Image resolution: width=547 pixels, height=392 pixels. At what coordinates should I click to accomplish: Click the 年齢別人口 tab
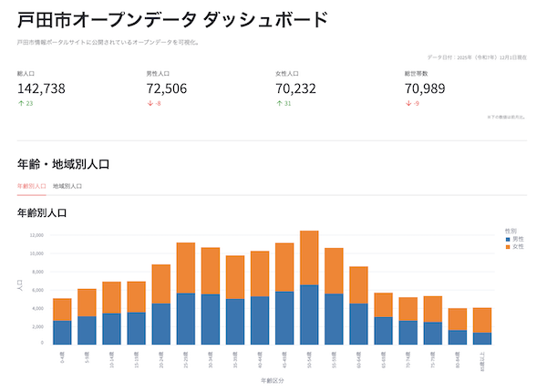tap(32, 185)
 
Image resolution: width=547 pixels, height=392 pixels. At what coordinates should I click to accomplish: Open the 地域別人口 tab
tap(67, 185)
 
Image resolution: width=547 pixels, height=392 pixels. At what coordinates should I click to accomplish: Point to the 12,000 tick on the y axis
tap(36, 234)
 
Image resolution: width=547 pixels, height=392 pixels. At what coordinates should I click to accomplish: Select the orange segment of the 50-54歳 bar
tap(308, 258)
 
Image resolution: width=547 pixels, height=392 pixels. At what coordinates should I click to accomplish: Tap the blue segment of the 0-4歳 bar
tap(62, 332)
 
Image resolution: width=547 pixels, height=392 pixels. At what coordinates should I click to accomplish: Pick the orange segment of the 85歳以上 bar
tap(482, 320)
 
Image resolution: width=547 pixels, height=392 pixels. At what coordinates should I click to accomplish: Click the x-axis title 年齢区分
tap(273, 381)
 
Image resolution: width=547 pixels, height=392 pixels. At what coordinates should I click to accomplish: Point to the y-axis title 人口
tap(20, 285)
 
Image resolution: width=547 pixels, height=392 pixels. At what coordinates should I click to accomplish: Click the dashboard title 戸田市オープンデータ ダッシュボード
tap(172, 19)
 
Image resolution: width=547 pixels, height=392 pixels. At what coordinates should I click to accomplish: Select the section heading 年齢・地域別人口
tap(63, 164)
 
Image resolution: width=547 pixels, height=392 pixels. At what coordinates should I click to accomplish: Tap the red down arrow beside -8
tap(150, 103)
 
